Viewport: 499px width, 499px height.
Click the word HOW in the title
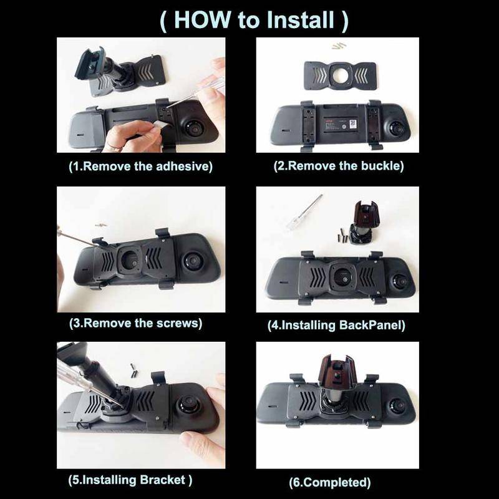click(x=202, y=20)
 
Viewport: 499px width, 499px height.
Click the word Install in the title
click(x=301, y=20)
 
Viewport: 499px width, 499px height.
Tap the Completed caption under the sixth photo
click(x=330, y=482)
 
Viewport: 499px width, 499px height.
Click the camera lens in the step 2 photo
click(x=397, y=128)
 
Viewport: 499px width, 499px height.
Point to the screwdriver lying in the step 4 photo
click(x=304, y=213)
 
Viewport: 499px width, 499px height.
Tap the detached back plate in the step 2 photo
click(x=340, y=75)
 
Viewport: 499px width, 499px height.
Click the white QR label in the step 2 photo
click(x=353, y=124)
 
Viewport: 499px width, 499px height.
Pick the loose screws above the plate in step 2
click(x=338, y=46)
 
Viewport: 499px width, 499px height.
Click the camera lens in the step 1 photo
click(x=193, y=129)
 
